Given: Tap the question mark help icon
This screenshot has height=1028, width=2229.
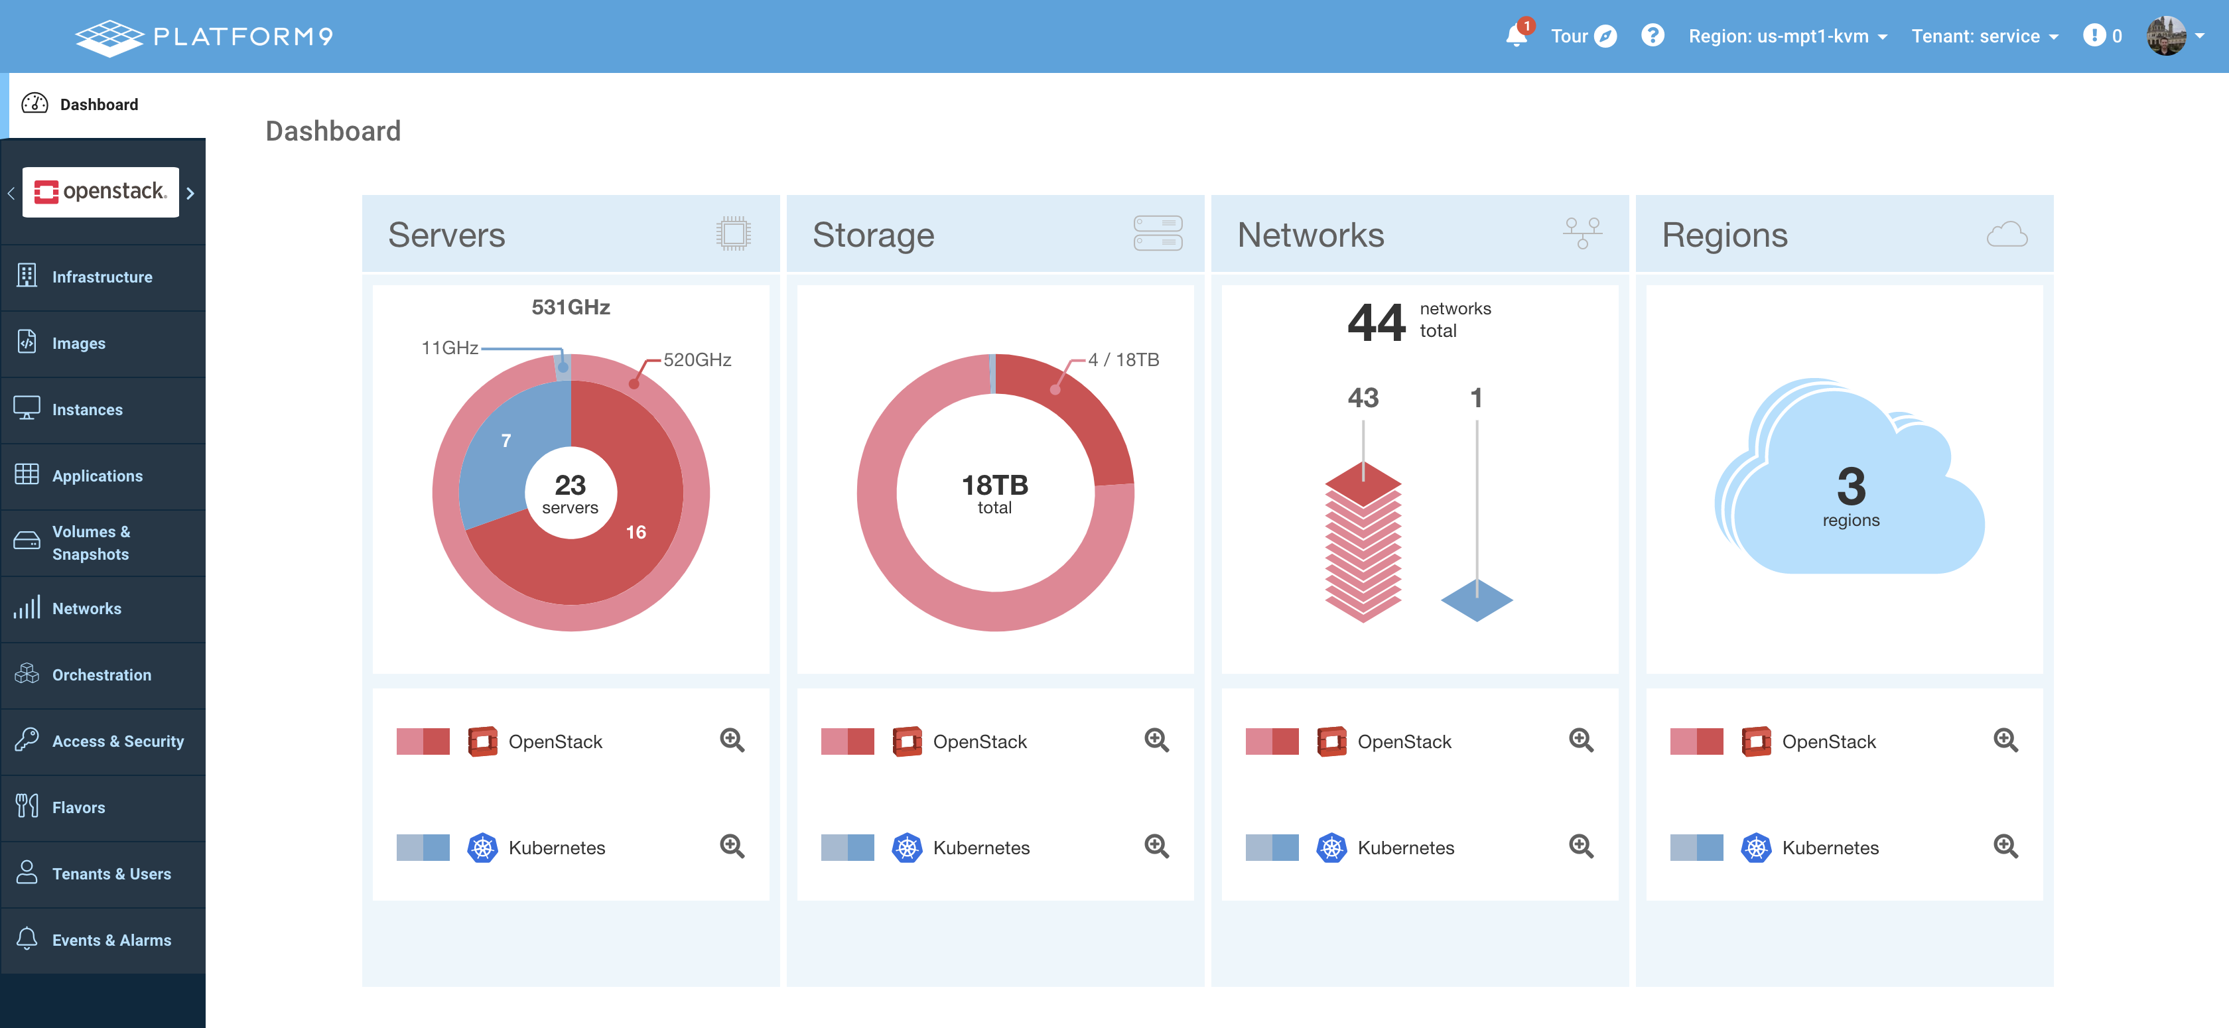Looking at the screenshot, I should tap(1652, 35).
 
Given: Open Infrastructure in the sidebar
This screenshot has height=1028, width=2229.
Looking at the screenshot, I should tap(102, 277).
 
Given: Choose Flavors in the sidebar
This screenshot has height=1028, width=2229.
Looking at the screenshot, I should tap(78, 807).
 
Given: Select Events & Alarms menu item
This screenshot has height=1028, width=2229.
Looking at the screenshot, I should tap(111, 940).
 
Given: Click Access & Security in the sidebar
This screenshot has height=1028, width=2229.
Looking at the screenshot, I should tap(117, 741).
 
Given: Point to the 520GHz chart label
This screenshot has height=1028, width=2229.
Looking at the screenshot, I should tap(697, 360).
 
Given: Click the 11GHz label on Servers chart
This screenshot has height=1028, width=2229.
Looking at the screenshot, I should tap(449, 348).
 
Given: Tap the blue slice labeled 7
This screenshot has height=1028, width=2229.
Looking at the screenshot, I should tap(506, 441).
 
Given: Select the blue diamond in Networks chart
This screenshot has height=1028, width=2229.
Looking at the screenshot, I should tap(1476, 600).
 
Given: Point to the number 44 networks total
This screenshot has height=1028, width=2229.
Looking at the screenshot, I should tap(1376, 322).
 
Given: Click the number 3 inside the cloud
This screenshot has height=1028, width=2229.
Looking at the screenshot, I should tap(1851, 486).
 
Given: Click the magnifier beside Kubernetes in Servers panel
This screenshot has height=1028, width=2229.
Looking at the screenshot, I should tap(732, 846).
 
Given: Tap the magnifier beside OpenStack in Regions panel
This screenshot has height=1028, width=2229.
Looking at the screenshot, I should tap(2005, 741).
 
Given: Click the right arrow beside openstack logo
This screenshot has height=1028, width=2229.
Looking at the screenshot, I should tap(190, 193).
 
